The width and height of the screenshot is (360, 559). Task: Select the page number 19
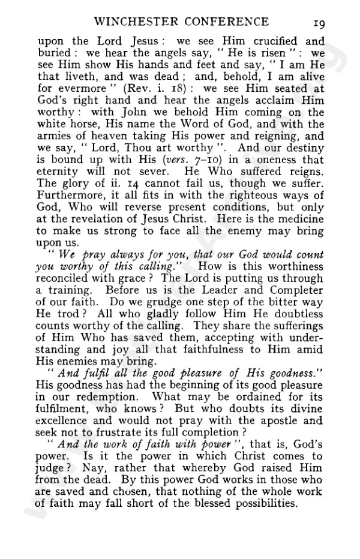[x=318, y=22]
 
